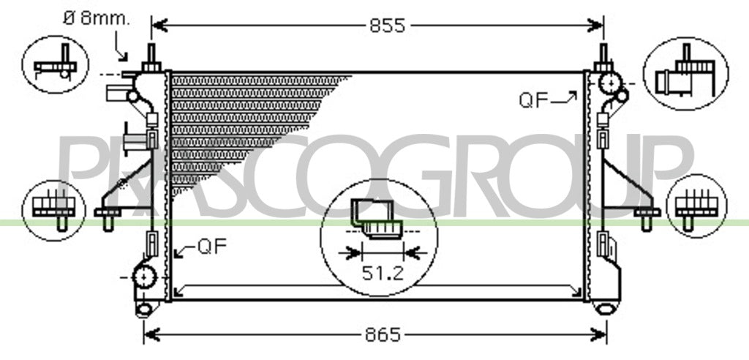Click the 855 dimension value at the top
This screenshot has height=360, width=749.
387,26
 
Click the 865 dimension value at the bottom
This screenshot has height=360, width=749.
383,334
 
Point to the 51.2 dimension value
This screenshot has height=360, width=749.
383,273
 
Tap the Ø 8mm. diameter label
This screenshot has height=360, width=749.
96,18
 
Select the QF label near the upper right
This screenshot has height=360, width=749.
533,100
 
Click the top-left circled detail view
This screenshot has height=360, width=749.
56,64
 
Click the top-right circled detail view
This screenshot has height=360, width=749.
685,73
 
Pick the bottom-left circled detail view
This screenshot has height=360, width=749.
54,210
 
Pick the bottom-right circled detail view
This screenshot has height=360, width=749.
696,206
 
